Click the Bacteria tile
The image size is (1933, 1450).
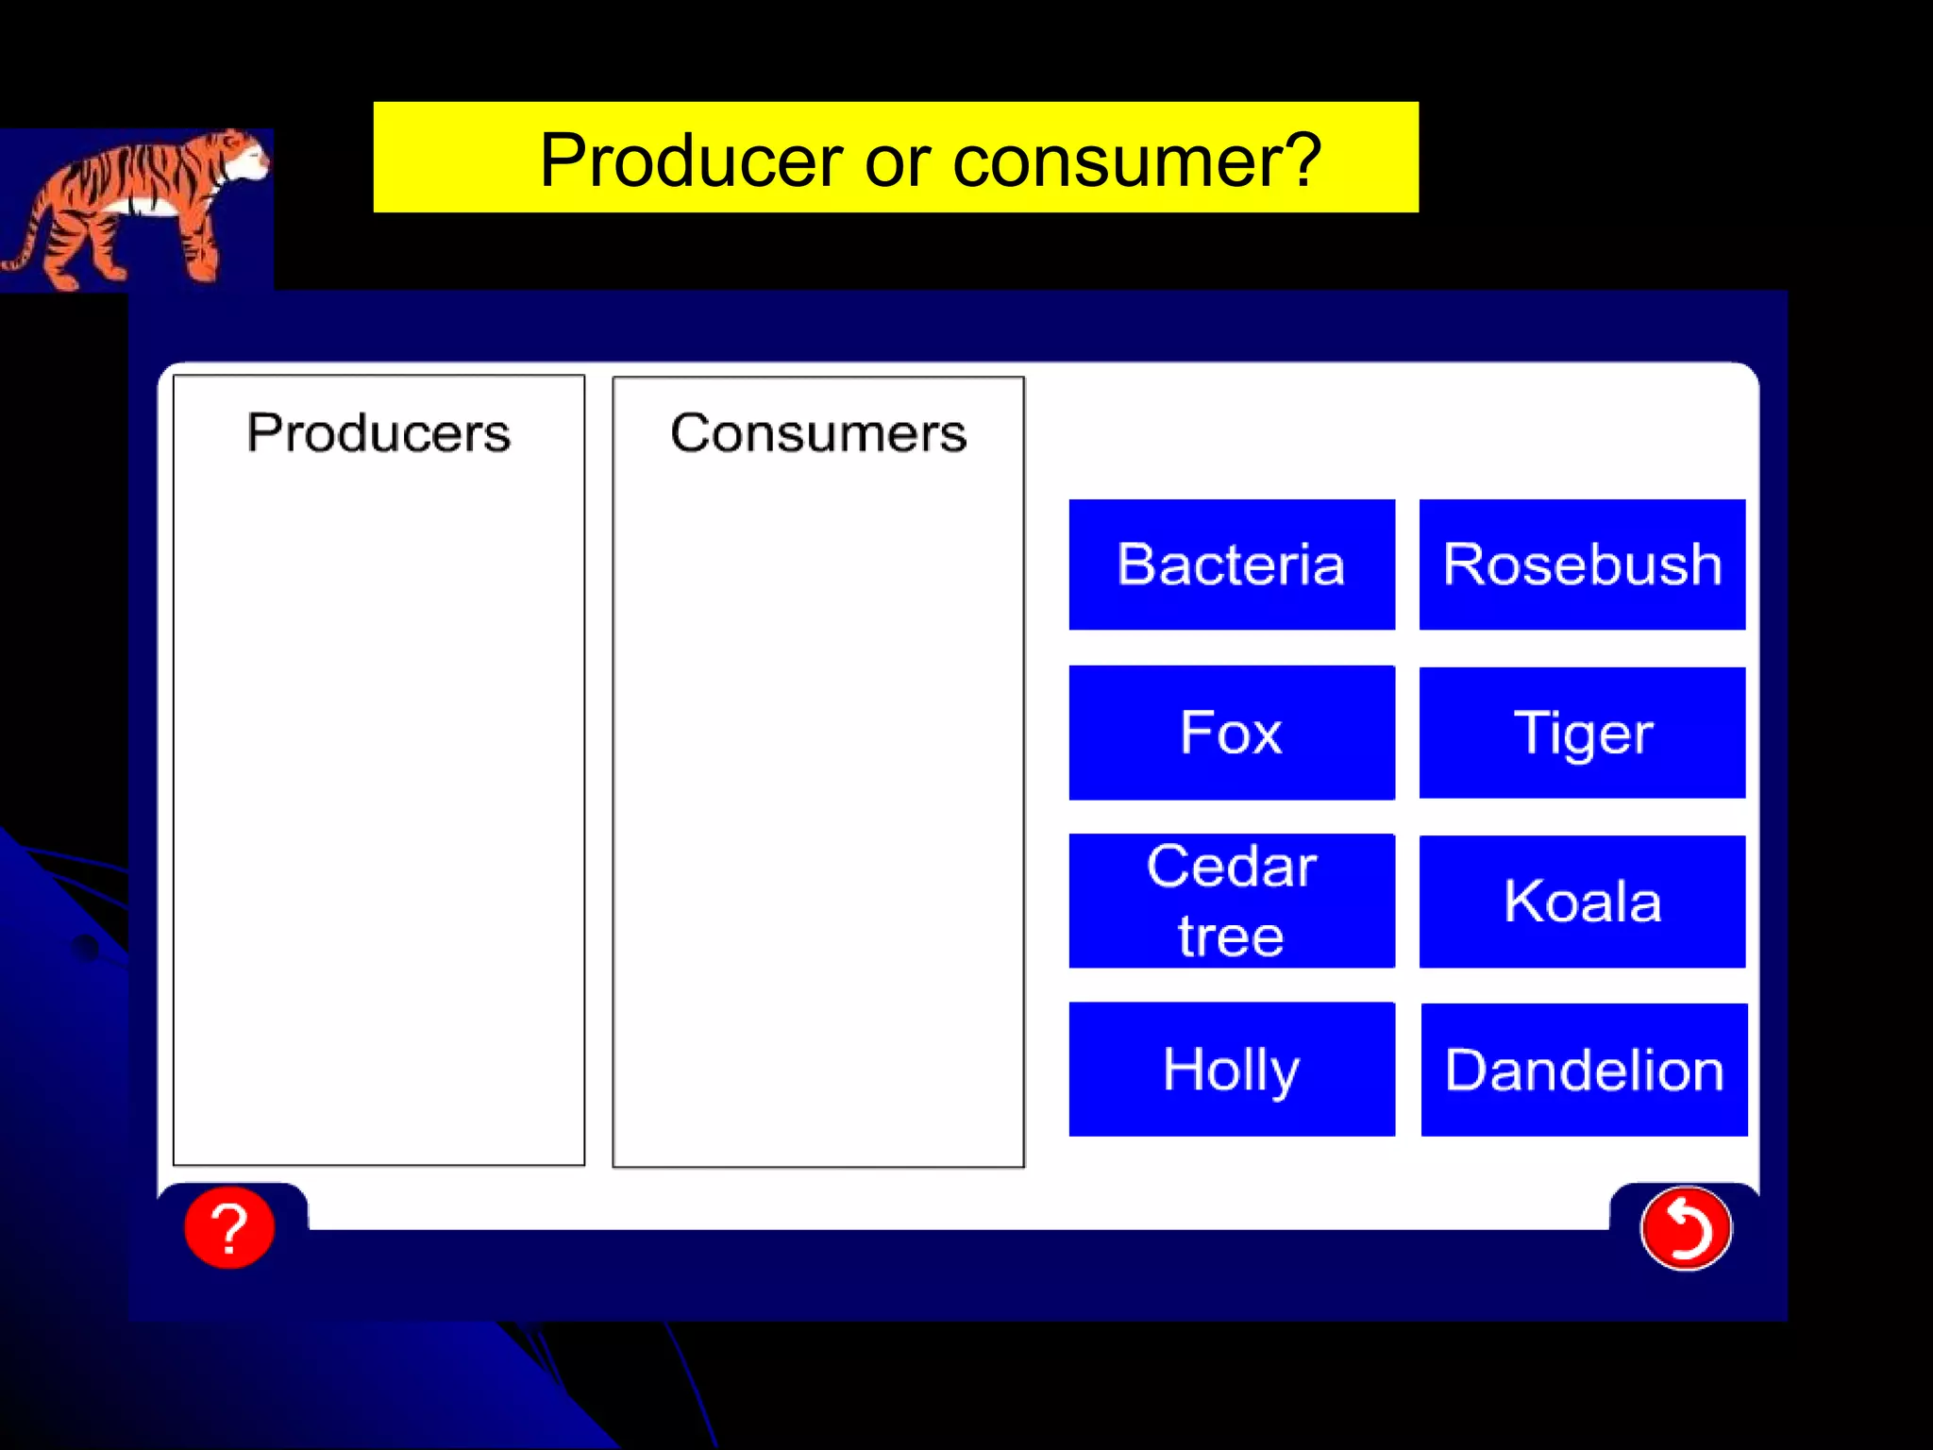click(1231, 565)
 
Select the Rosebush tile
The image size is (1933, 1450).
click(1582, 565)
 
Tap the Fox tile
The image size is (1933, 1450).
click(1231, 733)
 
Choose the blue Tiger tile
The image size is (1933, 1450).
click(1582, 733)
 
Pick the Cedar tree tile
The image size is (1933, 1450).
click(1231, 901)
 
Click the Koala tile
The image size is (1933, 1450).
click(1582, 901)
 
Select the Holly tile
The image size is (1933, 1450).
click(1231, 1069)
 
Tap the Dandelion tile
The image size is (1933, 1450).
click(1584, 1069)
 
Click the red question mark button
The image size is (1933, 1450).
click(229, 1227)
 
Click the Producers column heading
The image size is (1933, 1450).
click(378, 433)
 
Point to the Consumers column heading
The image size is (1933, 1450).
click(818, 433)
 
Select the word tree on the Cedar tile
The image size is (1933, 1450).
click(1231, 936)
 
